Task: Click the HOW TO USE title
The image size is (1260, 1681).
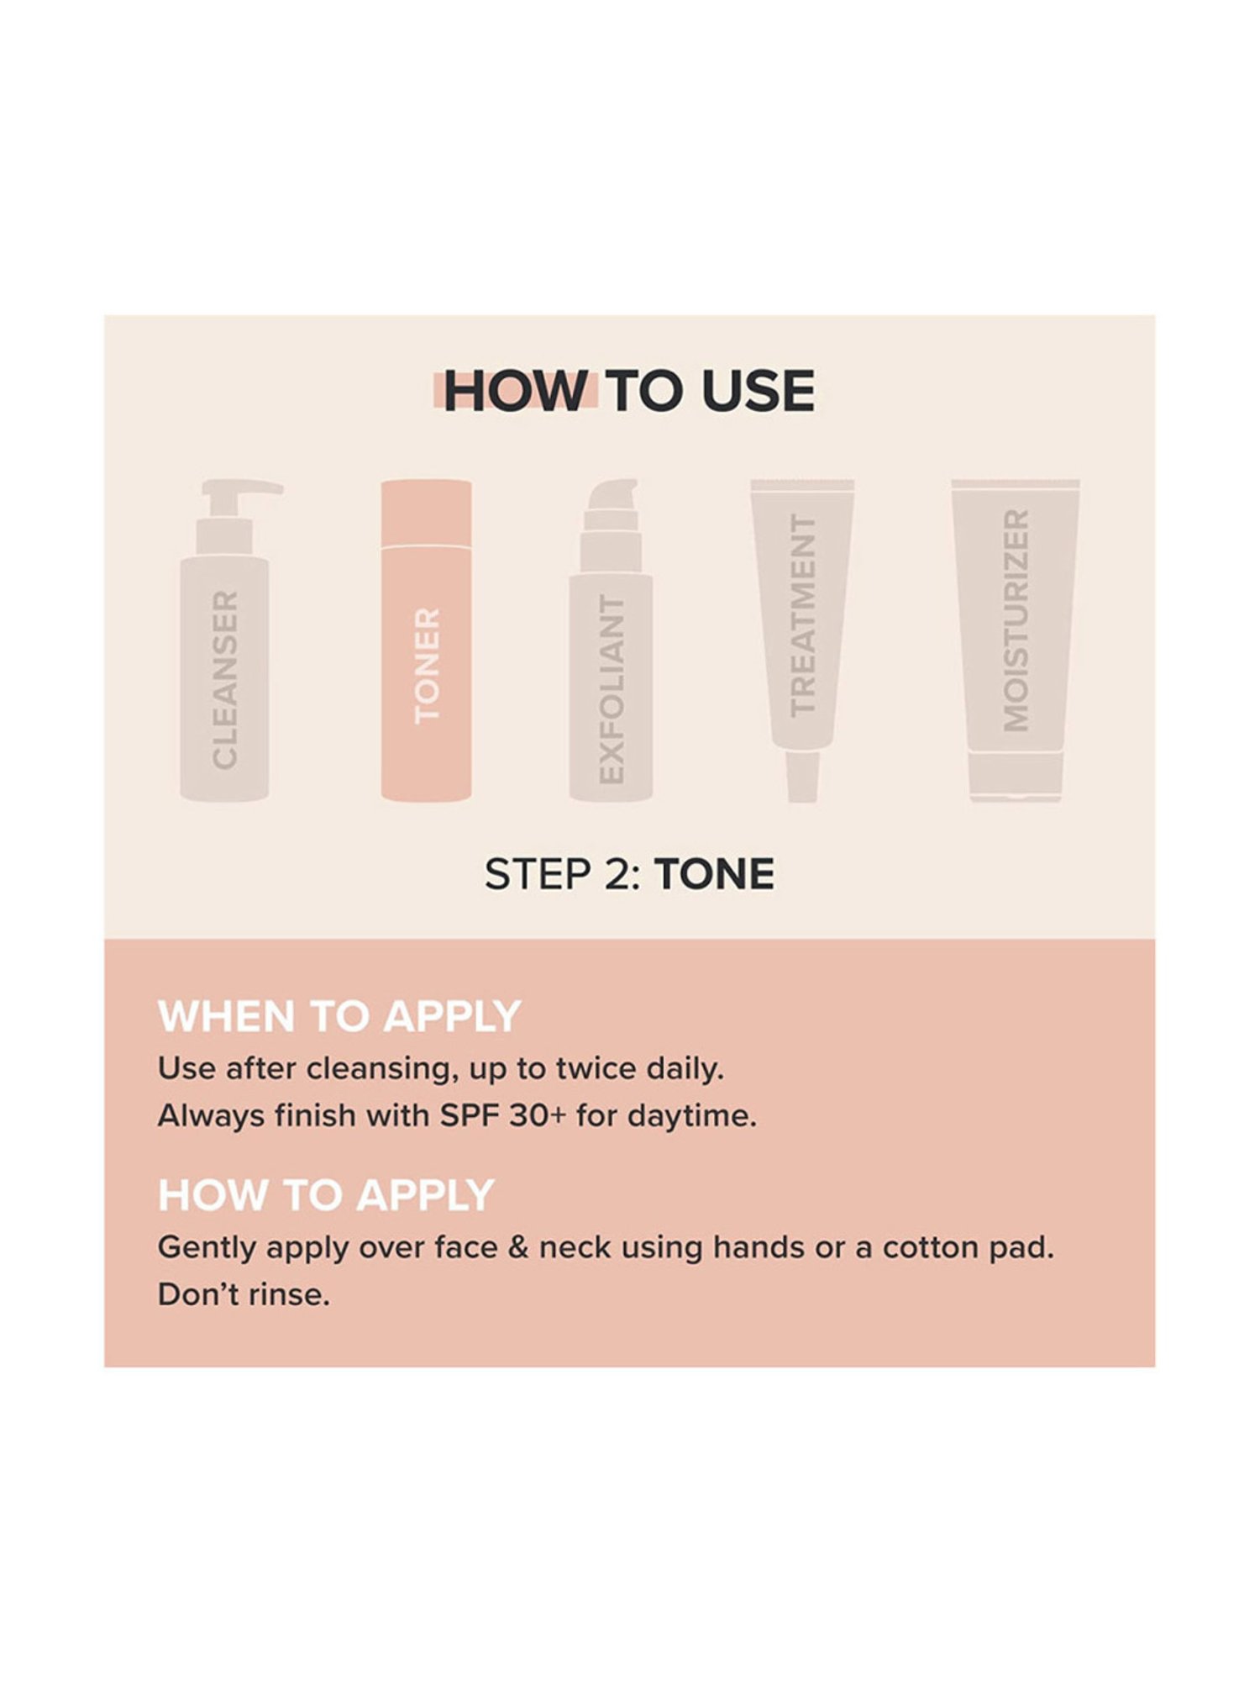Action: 629,391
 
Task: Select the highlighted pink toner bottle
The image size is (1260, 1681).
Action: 426,640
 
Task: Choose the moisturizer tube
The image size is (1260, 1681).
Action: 1016,640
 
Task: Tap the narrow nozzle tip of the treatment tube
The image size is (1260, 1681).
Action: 802,777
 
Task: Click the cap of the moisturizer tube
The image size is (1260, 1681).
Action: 1016,777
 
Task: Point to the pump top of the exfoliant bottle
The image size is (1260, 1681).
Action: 612,504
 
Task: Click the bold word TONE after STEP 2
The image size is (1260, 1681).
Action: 715,874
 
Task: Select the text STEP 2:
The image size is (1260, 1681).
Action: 564,874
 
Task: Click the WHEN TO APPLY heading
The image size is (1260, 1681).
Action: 339,1016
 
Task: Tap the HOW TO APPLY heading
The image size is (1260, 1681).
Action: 326,1194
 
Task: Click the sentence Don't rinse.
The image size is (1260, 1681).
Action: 244,1294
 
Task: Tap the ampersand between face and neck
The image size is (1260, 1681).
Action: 518,1248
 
